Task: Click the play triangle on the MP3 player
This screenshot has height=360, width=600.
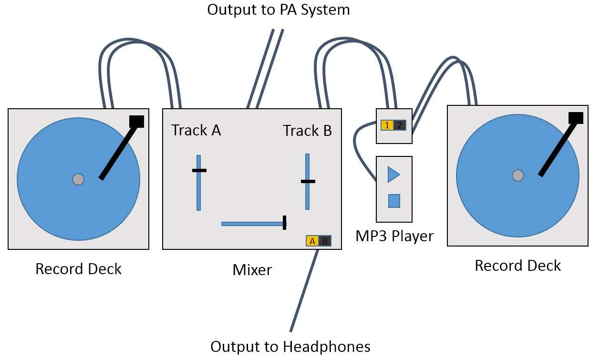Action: [393, 175]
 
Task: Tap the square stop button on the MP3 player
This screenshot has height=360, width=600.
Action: [394, 201]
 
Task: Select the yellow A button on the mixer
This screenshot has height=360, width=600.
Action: [312, 241]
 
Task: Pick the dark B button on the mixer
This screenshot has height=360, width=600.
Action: [325, 241]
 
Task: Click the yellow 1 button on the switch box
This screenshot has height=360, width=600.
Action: [387, 125]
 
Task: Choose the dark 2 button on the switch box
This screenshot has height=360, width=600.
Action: [400, 125]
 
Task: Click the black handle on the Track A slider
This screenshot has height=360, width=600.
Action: [199, 170]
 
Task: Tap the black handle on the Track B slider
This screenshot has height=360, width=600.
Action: [308, 181]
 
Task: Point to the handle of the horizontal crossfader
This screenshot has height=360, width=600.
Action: [284, 223]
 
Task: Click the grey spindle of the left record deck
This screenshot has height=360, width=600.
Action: [78, 179]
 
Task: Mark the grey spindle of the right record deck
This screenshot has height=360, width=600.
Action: [517, 175]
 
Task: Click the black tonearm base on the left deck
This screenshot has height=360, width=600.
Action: [136, 121]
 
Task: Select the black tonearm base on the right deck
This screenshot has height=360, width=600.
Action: [576, 118]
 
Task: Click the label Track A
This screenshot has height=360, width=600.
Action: [196, 130]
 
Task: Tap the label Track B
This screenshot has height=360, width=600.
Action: [307, 130]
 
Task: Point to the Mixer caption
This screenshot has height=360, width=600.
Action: [252, 270]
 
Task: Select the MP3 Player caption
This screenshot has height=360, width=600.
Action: [394, 236]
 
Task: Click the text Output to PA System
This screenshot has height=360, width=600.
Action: [279, 10]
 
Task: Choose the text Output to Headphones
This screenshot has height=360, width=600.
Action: [290, 346]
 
